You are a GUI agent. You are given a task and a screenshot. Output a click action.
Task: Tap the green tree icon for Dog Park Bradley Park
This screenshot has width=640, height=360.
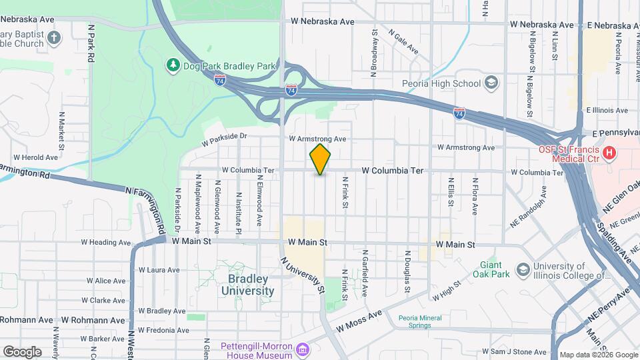[173, 65]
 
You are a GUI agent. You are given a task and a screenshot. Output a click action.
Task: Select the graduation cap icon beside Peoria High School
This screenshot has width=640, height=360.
[491, 83]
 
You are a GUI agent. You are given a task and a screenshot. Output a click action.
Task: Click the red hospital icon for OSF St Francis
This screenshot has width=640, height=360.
[608, 155]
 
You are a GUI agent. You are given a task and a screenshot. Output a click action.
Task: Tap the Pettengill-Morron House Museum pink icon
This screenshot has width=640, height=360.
[303, 349]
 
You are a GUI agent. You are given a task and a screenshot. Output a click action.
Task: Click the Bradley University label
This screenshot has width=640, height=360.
[247, 285]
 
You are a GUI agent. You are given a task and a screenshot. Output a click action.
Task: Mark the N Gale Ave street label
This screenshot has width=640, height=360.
[403, 43]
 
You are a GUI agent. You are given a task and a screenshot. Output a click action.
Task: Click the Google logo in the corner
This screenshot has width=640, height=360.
[22, 351]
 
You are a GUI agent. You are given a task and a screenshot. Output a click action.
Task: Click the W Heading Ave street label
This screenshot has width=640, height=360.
[103, 243]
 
